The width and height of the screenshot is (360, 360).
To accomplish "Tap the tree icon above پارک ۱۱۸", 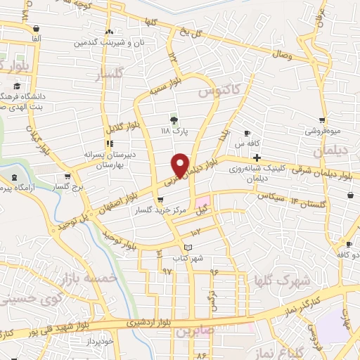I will point(174,120).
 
